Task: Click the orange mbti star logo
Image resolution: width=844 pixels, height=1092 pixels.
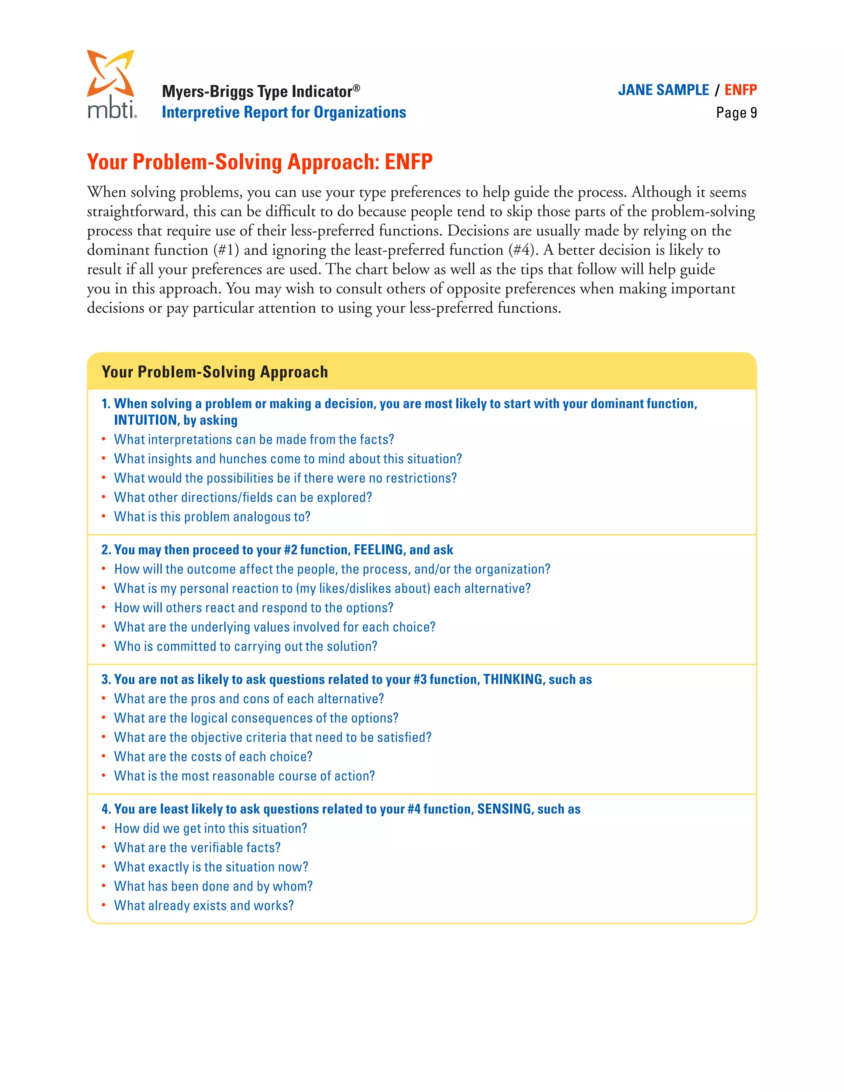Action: (x=110, y=73)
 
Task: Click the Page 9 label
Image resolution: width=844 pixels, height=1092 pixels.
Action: (x=736, y=113)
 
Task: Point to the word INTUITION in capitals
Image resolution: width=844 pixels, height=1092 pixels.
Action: (x=145, y=420)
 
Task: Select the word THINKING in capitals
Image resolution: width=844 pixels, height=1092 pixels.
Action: (x=513, y=679)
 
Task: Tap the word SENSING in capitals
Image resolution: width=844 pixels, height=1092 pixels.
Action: (x=504, y=808)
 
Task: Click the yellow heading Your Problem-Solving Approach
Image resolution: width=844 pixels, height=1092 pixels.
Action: (x=215, y=372)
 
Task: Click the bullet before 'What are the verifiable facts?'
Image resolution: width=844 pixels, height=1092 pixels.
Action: (x=103, y=848)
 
